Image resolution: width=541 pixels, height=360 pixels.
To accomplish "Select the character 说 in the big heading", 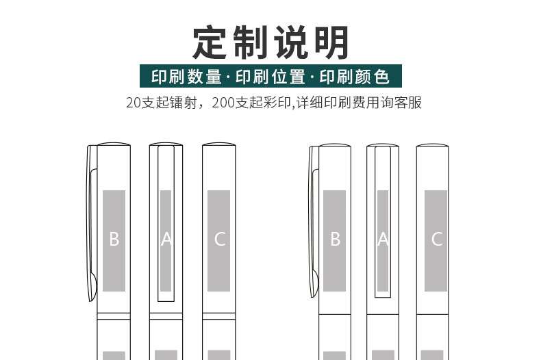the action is click(290, 42).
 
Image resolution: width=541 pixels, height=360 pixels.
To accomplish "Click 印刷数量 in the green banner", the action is click(186, 76).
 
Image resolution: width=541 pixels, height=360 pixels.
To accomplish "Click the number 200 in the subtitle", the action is click(225, 103).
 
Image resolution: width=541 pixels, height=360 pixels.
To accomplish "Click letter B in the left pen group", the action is click(114, 240).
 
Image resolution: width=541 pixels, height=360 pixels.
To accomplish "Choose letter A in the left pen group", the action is click(166, 240).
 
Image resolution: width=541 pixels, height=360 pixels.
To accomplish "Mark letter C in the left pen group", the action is click(219, 240).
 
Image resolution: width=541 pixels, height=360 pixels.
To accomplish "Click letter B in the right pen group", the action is click(335, 240).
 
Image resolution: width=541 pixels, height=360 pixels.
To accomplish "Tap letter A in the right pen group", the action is click(383, 240).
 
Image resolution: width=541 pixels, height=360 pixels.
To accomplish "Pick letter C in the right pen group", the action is click(436, 240).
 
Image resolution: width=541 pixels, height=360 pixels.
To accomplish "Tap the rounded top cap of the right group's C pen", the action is click(433, 145).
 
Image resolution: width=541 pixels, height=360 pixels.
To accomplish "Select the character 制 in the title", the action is click(251, 42).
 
